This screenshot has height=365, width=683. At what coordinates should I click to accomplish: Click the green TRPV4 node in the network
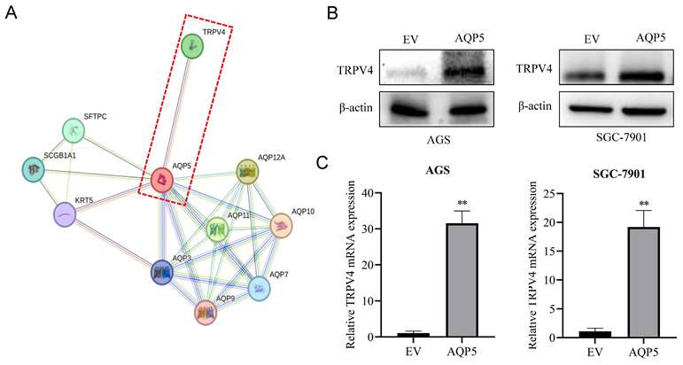pyautogui.click(x=191, y=47)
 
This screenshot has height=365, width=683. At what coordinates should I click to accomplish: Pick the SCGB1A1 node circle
pyautogui.click(x=35, y=168)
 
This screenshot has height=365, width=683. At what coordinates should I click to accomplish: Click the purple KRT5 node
pyautogui.click(x=64, y=214)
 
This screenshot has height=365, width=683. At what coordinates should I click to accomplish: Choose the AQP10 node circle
pyautogui.click(x=281, y=226)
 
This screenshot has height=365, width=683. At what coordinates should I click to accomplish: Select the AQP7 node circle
pyautogui.click(x=258, y=287)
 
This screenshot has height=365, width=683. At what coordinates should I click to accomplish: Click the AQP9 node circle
pyautogui.click(x=206, y=312)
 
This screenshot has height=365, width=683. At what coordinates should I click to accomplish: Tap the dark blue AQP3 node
pyautogui.click(x=161, y=272)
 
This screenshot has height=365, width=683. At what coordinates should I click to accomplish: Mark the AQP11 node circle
pyautogui.click(x=218, y=230)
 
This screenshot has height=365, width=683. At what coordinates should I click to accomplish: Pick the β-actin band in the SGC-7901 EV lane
pyautogui.click(x=589, y=110)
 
